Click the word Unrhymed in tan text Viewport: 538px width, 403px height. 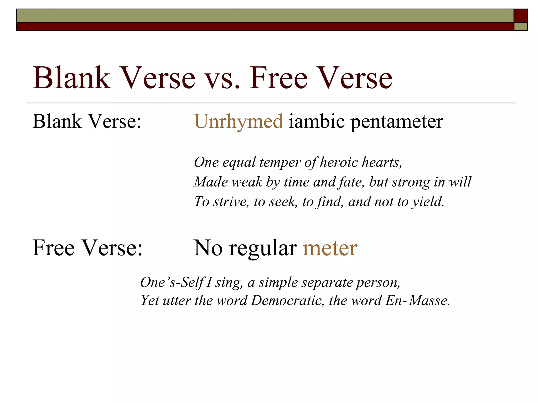pos(239,121)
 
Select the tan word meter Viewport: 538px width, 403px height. pos(330,248)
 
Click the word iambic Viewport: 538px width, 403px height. pos(317,121)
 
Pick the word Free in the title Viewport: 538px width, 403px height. pos(278,78)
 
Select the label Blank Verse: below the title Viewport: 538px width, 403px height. pos(87,121)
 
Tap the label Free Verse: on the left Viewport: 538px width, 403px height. pos(87,248)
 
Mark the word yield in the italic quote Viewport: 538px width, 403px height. pos(428,202)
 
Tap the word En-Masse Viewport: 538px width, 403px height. pos(417,300)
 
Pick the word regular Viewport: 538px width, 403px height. pos(263,248)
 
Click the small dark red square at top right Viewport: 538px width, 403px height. pos(520,16)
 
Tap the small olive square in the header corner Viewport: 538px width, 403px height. pos(520,27)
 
